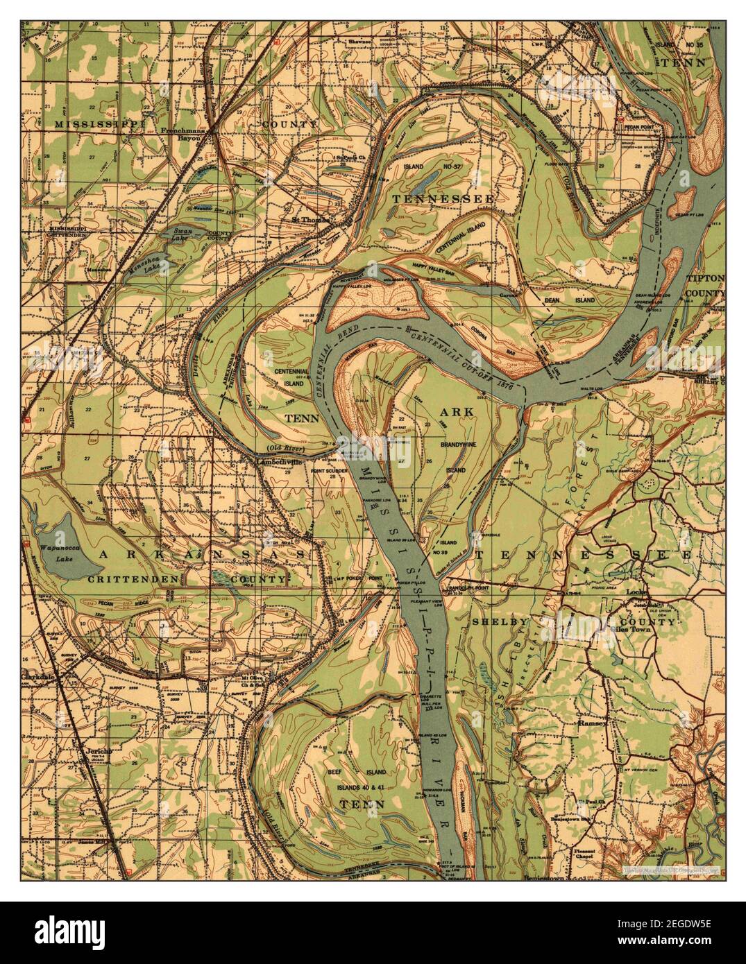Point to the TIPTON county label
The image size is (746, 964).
(x=706, y=279)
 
